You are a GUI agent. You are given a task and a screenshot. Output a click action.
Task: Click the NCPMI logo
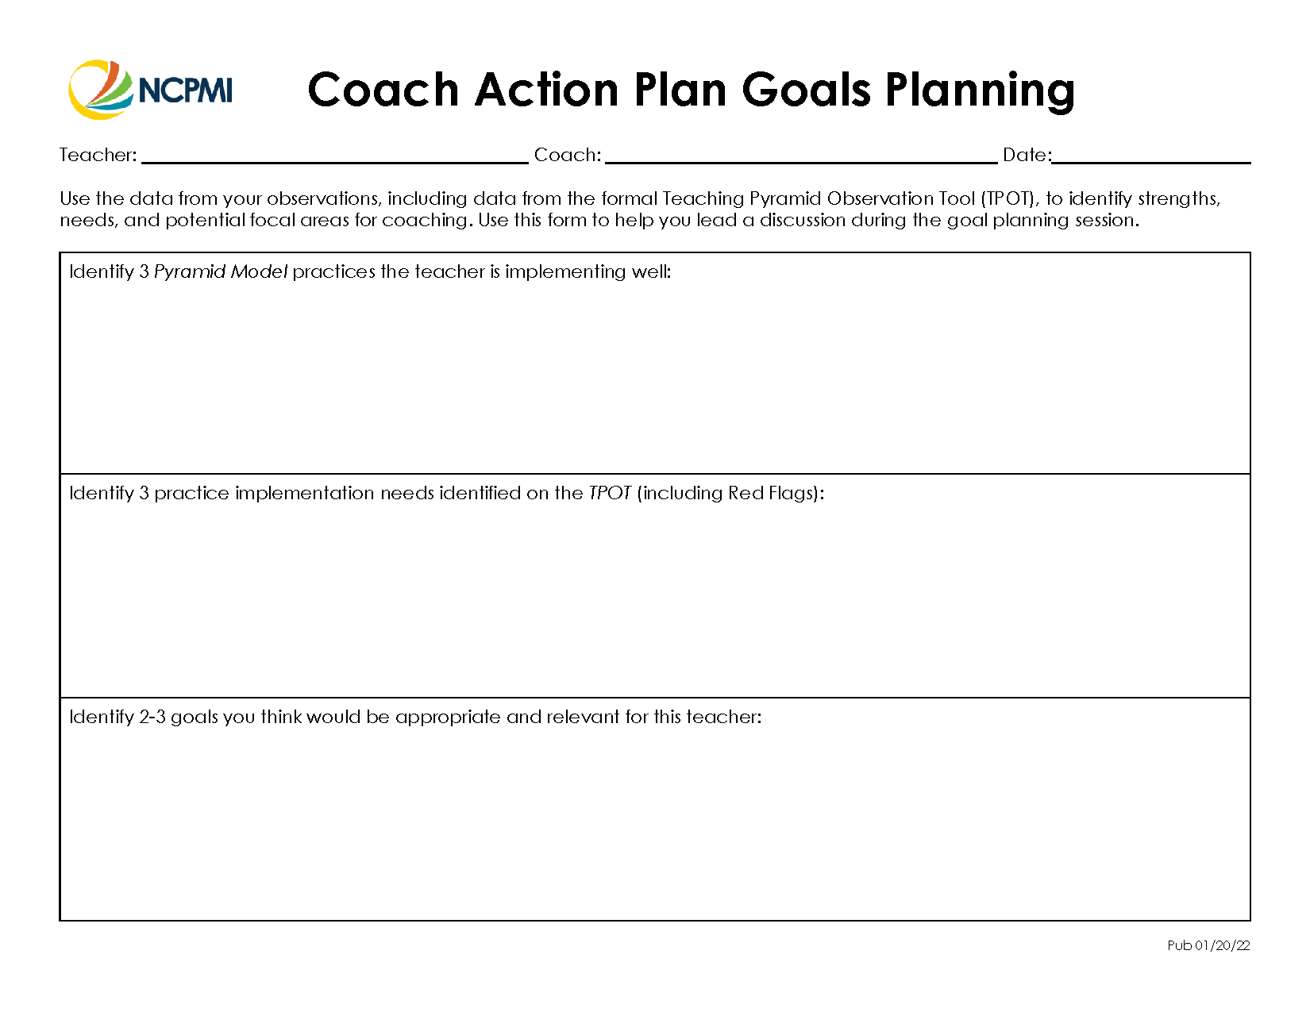point(151,90)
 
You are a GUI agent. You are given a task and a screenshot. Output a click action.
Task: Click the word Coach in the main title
point(383,90)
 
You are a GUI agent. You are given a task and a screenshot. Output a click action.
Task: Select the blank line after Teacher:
point(334,158)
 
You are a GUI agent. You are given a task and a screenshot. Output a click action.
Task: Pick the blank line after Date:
point(1150,158)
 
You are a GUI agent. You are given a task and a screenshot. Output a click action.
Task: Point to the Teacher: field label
point(98,155)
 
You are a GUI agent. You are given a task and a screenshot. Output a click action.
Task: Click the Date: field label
point(1027,155)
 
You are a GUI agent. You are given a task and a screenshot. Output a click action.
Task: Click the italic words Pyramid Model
point(220,271)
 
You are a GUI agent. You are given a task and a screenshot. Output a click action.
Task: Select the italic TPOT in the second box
point(610,493)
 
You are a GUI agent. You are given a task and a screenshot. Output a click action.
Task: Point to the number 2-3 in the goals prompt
point(152,717)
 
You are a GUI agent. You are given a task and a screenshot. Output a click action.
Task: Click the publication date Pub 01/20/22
point(1208,945)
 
